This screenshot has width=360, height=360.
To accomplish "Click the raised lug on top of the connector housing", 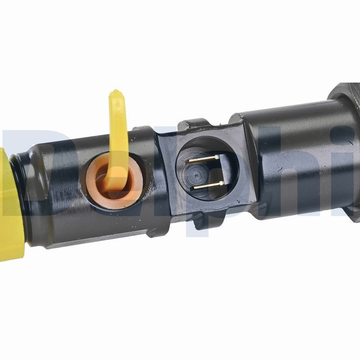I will pyautogui.click(x=193, y=123).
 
